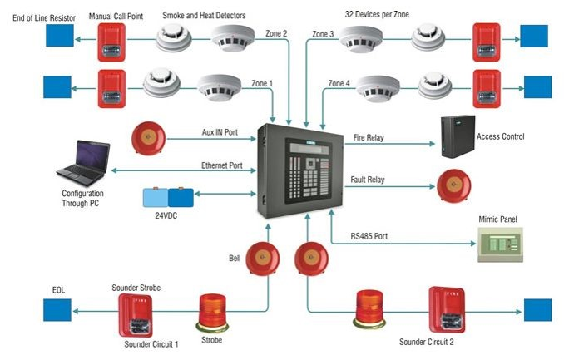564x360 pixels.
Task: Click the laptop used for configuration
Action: [83, 163]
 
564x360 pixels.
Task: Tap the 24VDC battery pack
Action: [168, 197]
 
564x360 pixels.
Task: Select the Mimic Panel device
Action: [500, 244]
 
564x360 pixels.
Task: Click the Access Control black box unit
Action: [458, 136]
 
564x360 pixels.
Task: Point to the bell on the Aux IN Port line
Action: [148, 138]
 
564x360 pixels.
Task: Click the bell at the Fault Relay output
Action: [453, 186]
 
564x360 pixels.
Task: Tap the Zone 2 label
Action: [276, 33]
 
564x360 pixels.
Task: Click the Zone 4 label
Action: [339, 83]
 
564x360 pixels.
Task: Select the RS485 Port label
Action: [369, 236]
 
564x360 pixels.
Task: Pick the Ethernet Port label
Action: [221, 165]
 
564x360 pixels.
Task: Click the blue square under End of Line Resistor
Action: [60, 36]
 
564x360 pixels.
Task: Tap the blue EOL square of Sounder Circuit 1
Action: [57, 310]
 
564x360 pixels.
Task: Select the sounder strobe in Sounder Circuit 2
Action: [447, 309]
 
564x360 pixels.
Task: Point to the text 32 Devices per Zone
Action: [377, 14]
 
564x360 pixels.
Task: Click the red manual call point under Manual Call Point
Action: [111, 42]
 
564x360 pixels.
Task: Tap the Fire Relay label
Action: [369, 137]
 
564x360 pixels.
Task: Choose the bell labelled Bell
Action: [263, 259]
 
